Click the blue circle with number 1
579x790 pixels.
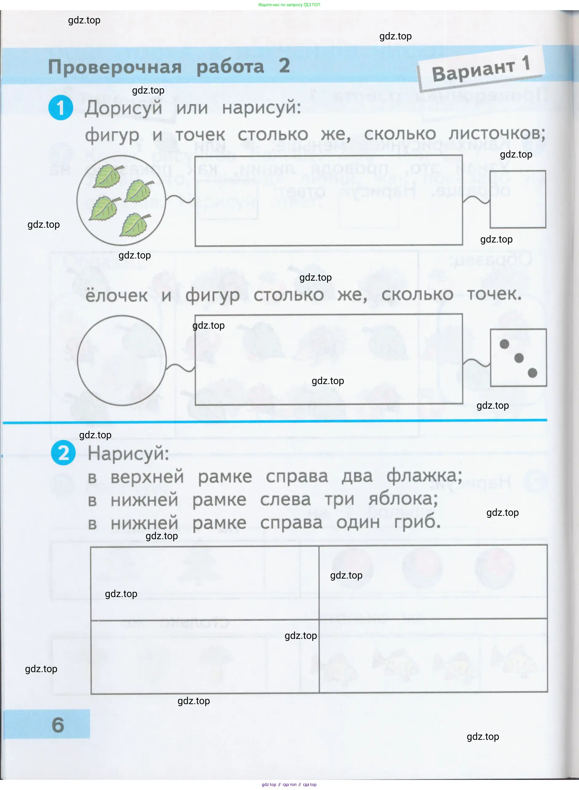pos(61,108)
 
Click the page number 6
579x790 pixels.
pos(58,725)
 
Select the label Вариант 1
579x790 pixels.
pos(481,69)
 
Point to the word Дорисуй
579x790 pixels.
pos(123,108)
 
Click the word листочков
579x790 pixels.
pos(497,134)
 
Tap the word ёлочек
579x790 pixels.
pos(116,295)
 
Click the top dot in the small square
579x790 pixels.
pos(504,344)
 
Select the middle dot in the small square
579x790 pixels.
pos(519,358)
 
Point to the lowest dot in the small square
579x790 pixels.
pos(532,373)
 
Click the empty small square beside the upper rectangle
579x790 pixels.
pos(518,199)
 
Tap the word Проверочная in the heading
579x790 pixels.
pos(115,67)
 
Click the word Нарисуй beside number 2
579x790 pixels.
pos(128,453)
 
